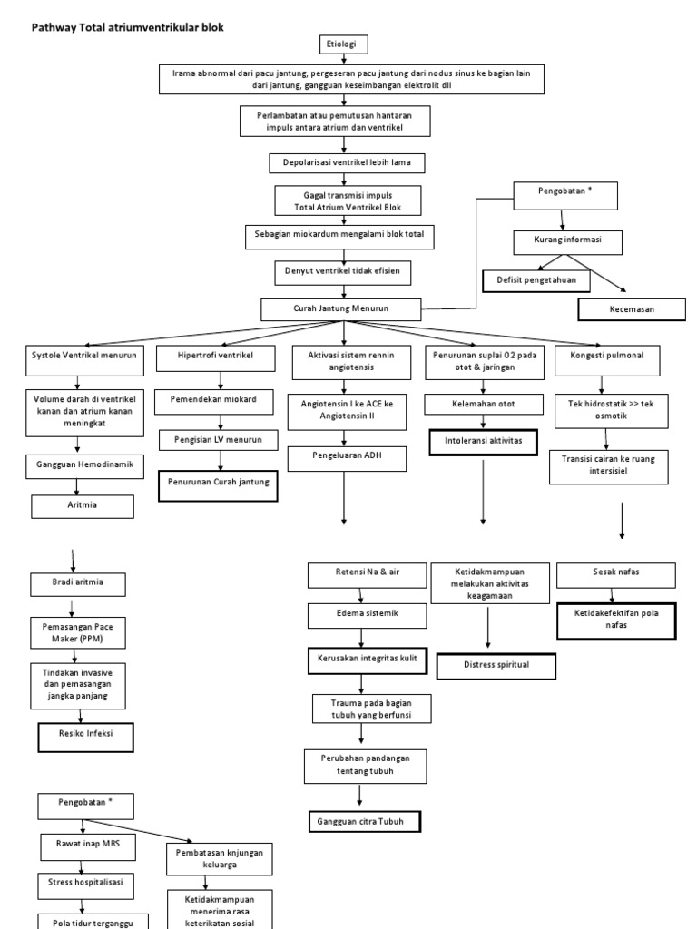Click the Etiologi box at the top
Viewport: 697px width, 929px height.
click(x=343, y=44)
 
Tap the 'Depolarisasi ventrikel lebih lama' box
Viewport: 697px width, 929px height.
click(x=347, y=163)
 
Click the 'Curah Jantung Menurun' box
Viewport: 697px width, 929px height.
click(x=341, y=309)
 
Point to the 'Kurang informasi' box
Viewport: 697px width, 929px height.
click(x=568, y=242)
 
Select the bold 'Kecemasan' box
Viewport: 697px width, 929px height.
click(x=632, y=309)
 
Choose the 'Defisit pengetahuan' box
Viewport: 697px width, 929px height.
click(x=536, y=281)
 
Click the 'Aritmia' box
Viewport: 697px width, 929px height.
click(x=83, y=505)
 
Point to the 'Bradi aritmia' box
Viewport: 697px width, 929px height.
click(x=80, y=583)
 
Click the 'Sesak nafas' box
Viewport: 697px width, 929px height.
click(x=615, y=574)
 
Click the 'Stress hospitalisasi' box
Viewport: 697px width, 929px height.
click(x=83, y=882)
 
